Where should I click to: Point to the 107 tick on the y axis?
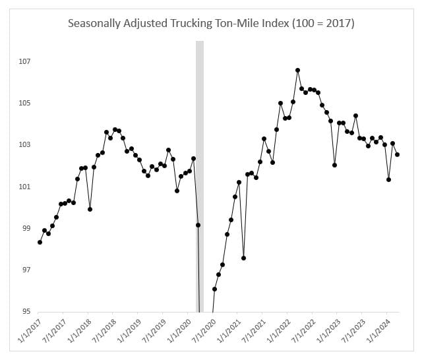pos(24,62)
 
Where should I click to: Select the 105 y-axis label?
pos(24,104)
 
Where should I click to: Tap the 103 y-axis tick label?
pos(24,145)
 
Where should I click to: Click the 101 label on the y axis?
pos(24,187)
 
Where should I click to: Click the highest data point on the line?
pos(298,70)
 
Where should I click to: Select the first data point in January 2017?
pos(40,242)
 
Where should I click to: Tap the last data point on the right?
pos(398,155)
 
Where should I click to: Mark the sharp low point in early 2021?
pos(243,258)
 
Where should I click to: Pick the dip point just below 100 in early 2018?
pos(90,209)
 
